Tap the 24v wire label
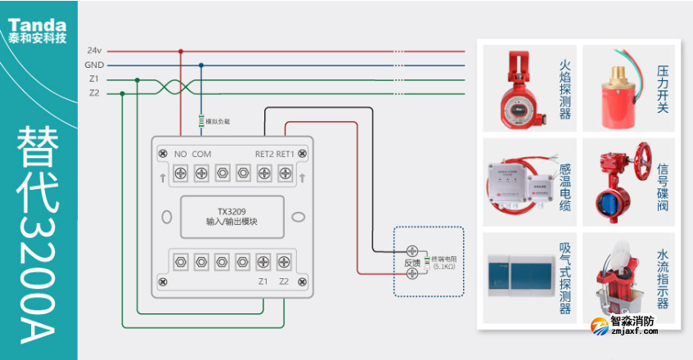[x=94, y=51]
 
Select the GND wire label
[x=94, y=65]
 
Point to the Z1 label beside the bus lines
[x=94, y=79]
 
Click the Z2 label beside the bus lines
[x=94, y=93]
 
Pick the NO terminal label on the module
[x=181, y=153]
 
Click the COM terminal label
[x=201, y=153]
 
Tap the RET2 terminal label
[x=263, y=153]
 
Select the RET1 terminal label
[x=285, y=153]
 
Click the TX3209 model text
[x=232, y=210]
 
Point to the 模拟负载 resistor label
[x=217, y=121]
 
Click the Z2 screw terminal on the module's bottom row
[x=284, y=262]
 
